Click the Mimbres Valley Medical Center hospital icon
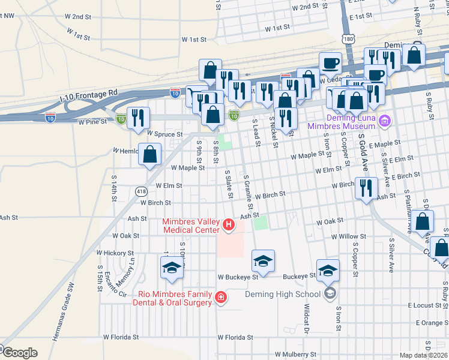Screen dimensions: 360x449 pos(228,226)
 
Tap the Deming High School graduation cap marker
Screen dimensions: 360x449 pos(330,293)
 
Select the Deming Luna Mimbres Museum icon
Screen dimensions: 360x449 pos(385,122)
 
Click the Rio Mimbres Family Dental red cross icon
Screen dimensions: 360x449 pos(221,298)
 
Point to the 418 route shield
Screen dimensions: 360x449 pos(141,192)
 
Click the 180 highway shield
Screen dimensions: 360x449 pos(349,38)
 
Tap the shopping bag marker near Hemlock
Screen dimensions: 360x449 pos(149,155)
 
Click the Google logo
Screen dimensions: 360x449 pos(20,353)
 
